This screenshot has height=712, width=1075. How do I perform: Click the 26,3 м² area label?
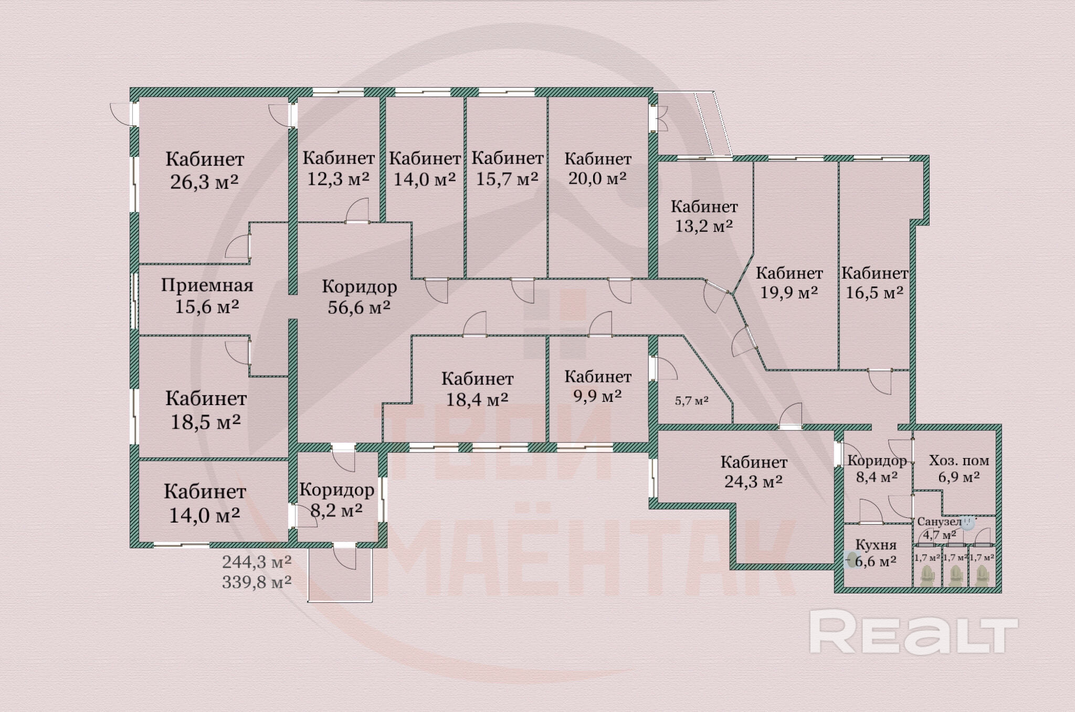coord(204,182)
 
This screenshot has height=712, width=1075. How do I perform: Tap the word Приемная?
coord(207,285)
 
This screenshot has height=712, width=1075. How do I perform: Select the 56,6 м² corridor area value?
coord(359,307)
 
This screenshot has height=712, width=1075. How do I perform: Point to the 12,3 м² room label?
coord(338,179)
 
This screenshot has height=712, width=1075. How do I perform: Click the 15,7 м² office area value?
coord(507,179)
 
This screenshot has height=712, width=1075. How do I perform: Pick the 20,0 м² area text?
coord(597,178)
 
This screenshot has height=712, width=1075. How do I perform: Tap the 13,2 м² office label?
coord(704,226)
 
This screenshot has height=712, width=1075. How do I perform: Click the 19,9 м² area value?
coord(789,292)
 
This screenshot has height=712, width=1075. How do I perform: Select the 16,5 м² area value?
coord(874,292)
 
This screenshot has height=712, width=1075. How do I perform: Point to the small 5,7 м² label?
coord(692,401)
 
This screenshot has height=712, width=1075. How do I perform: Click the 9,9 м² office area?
coord(597,396)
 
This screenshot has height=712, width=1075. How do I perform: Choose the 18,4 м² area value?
coord(477,400)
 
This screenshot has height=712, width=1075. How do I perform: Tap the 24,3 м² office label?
coord(754,481)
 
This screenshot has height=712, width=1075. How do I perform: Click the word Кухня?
coord(876,545)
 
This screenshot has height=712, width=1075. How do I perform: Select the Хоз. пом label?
coord(959,461)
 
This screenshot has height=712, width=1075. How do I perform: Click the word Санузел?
coord(939,522)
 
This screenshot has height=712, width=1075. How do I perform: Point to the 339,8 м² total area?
coord(257,582)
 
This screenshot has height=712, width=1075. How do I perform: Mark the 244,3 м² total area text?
coord(257,562)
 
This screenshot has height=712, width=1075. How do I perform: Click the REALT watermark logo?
coord(913,633)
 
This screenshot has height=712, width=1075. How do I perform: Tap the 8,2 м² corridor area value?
coord(336,510)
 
